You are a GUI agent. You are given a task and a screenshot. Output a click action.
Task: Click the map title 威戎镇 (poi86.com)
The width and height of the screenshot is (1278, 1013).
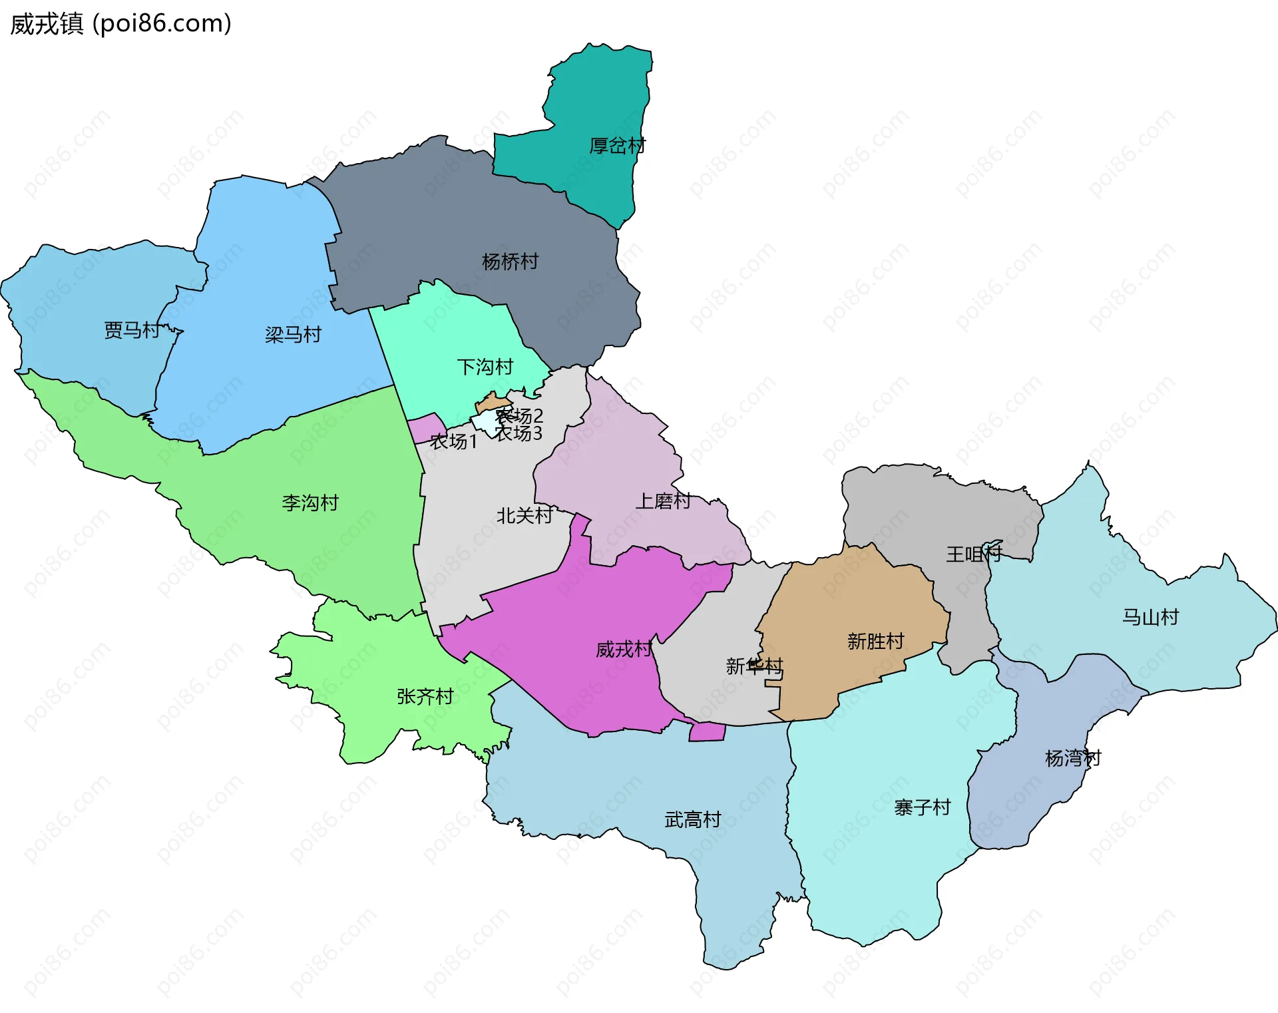(120, 23)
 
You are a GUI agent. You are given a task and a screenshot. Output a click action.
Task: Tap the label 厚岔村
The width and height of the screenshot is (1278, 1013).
(617, 146)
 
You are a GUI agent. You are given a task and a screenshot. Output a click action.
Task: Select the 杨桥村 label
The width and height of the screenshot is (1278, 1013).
(510, 262)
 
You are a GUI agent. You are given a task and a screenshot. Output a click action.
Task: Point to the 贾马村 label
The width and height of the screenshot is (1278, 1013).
(132, 330)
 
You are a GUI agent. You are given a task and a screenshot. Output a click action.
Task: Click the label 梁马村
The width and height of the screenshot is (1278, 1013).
(293, 334)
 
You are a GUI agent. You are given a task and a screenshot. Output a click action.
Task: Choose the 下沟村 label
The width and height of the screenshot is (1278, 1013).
(485, 367)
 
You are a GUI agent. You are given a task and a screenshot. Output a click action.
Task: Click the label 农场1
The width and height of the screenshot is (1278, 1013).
(453, 441)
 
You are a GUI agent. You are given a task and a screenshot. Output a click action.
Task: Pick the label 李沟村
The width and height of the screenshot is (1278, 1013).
(310, 503)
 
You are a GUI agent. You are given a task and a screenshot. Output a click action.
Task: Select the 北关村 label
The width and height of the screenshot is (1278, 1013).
(524, 515)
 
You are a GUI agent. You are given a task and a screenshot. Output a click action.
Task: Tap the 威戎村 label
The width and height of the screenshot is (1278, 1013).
(623, 649)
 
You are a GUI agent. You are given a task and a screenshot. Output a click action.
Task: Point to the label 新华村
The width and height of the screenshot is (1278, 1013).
(753, 666)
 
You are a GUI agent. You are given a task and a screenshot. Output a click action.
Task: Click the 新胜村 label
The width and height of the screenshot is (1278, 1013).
(875, 641)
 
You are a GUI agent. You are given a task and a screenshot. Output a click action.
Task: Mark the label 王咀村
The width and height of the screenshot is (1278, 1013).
(973, 554)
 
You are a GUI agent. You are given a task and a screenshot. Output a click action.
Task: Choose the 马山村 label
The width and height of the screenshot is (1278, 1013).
(1150, 617)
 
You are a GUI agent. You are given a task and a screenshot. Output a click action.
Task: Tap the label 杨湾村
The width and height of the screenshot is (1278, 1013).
(1072, 758)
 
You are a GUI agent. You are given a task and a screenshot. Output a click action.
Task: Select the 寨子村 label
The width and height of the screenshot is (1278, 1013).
(922, 807)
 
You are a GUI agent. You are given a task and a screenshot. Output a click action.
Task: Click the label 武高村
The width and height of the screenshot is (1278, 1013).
(692, 819)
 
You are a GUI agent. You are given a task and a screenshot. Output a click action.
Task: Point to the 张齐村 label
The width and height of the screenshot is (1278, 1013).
(425, 696)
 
